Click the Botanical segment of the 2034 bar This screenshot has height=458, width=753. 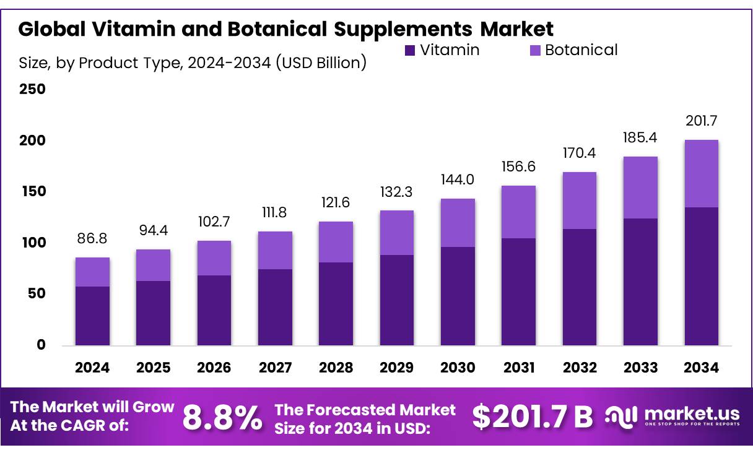(701, 173)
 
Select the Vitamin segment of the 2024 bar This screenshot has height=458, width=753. (92, 316)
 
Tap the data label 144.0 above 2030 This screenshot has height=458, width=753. (457, 179)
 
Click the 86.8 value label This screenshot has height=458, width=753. (92, 238)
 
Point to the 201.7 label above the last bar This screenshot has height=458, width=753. (701, 121)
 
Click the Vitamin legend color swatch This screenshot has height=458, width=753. (409, 51)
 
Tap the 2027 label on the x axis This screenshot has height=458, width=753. (275, 368)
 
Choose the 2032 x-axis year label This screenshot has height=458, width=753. (580, 368)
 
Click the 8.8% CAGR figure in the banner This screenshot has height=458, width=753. (222, 418)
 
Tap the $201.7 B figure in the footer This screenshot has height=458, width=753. (532, 417)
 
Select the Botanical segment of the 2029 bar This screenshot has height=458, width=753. (397, 233)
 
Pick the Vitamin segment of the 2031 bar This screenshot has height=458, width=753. (518, 292)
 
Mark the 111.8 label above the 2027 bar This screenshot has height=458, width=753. (275, 213)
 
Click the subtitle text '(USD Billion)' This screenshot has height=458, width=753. (321, 63)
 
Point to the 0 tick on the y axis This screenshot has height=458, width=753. (41, 345)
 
